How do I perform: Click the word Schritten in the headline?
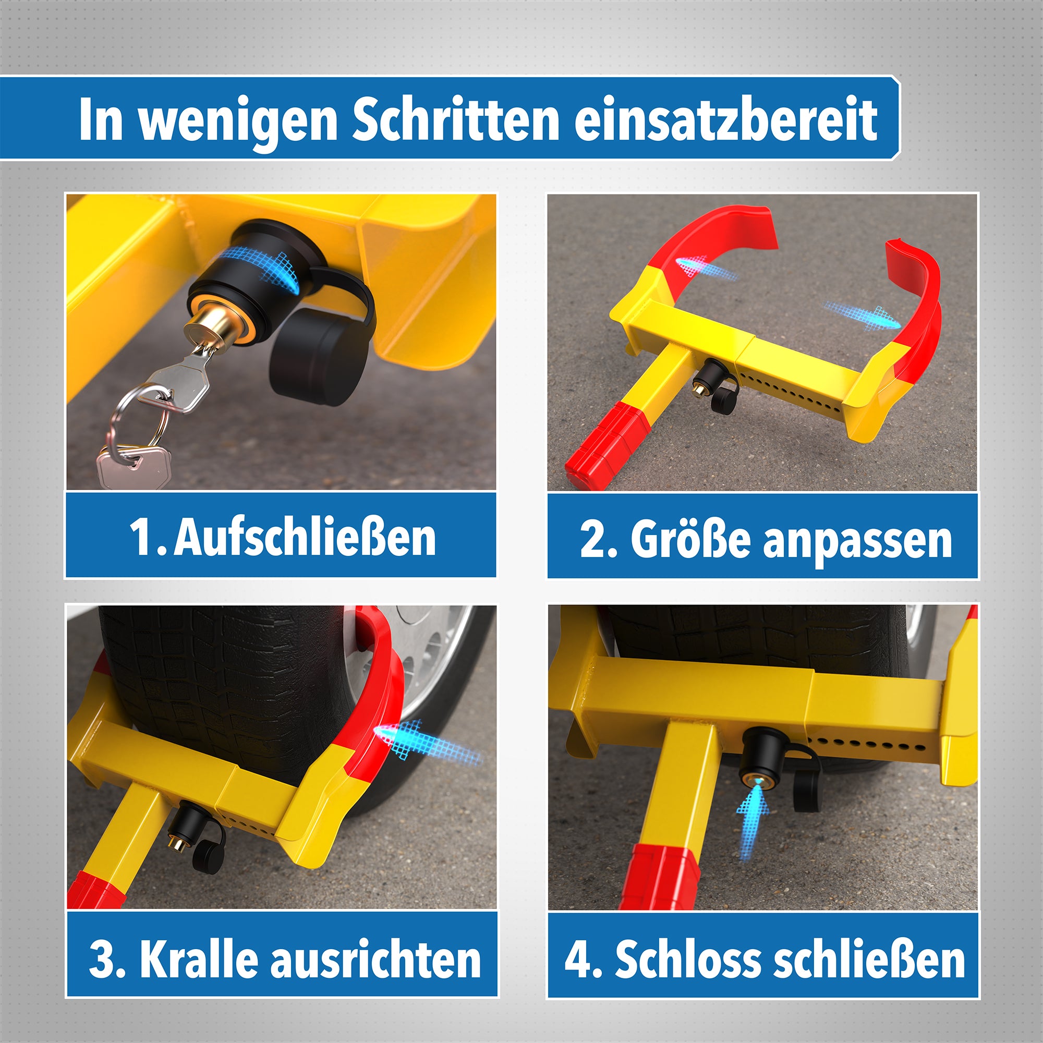[456, 120]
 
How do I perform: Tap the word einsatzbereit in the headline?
[725, 120]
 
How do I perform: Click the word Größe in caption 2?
[690, 540]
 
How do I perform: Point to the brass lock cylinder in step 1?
[208, 329]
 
